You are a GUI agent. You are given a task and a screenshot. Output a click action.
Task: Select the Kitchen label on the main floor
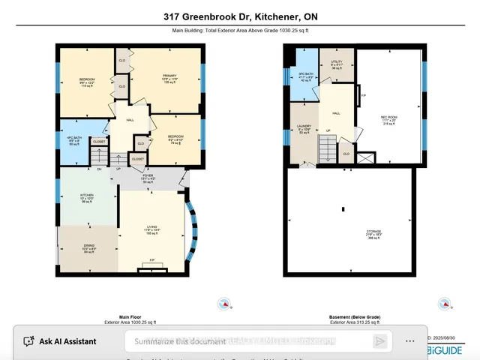click(88, 197)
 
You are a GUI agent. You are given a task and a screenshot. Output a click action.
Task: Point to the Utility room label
click(336, 65)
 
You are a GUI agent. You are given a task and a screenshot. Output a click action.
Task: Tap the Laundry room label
click(304, 129)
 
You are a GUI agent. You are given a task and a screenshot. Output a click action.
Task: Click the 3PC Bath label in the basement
click(304, 76)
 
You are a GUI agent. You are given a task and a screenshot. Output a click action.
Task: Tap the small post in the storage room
click(343, 209)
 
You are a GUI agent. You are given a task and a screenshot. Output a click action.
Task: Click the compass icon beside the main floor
click(223, 304)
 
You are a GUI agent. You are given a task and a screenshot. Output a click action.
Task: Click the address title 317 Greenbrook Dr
click(239, 16)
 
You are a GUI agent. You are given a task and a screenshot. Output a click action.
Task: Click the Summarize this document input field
click(247, 341)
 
